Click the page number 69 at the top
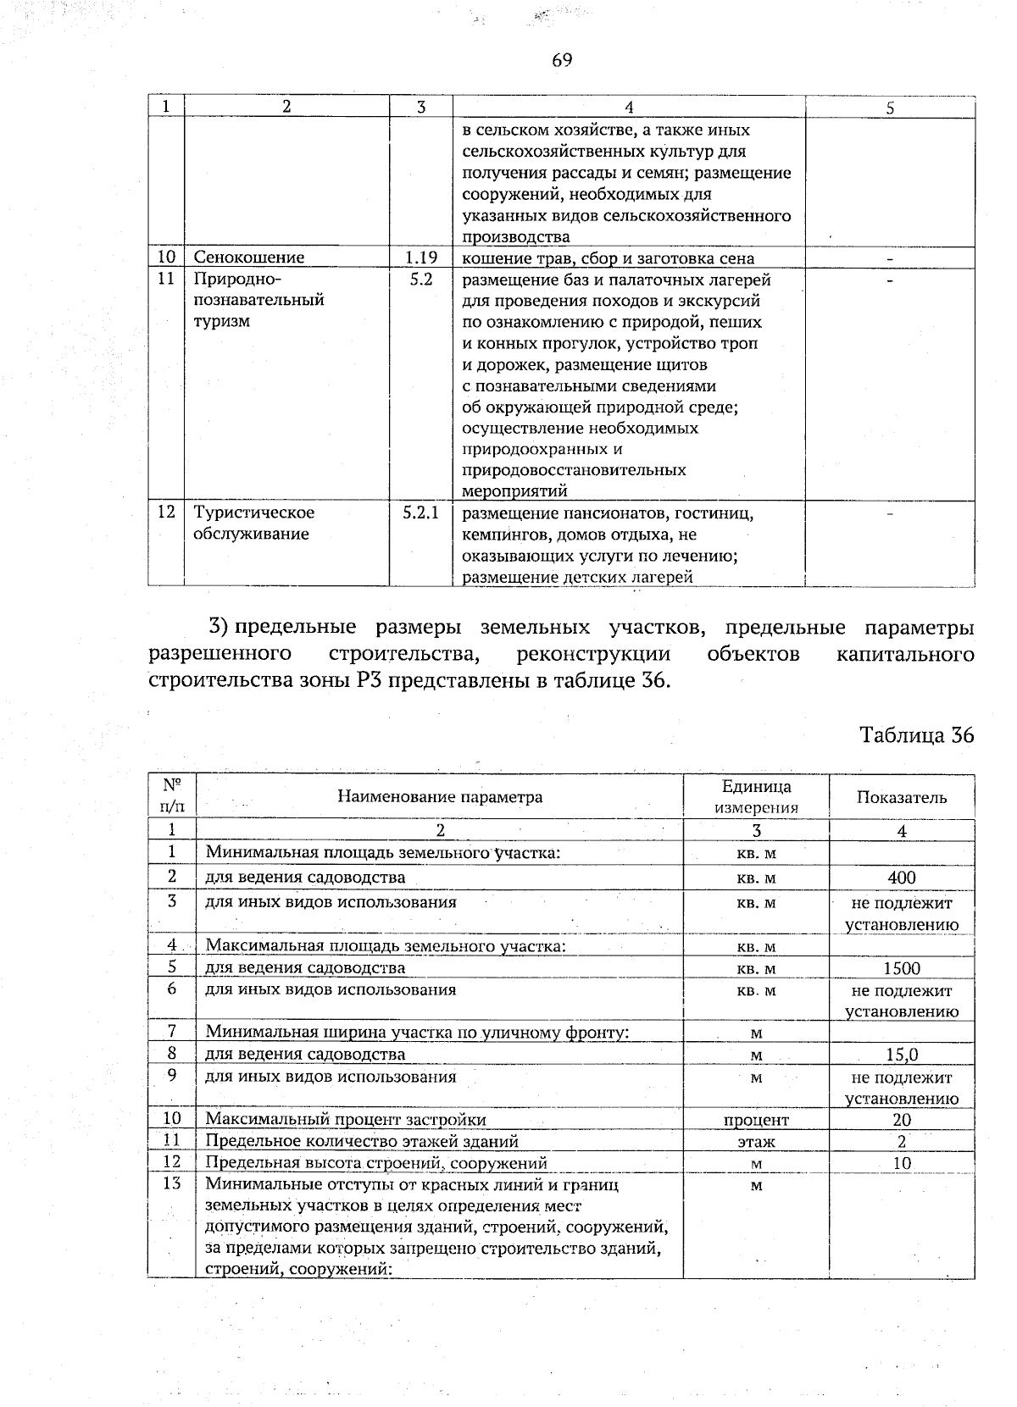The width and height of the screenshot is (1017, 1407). (x=562, y=59)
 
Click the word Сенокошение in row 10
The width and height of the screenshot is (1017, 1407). (x=249, y=258)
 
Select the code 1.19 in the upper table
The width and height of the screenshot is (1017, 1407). (x=420, y=258)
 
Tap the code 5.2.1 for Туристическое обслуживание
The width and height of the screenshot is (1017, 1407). (x=420, y=512)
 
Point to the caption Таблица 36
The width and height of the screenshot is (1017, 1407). (x=917, y=734)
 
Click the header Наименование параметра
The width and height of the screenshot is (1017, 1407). (x=440, y=796)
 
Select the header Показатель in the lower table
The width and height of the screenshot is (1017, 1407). (x=902, y=797)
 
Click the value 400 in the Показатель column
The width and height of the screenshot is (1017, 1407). (x=902, y=878)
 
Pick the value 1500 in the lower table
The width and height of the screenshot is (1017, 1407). (x=902, y=968)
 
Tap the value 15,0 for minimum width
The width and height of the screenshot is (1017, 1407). (x=902, y=1055)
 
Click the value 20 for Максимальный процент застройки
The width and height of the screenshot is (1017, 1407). (x=902, y=1120)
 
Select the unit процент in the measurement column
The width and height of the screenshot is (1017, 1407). (x=756, y=1120)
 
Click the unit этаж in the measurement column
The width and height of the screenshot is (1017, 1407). (x=756, y=1142)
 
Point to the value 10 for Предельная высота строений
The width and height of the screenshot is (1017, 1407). (x=902, y=1163)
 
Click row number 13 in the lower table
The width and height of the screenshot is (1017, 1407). (x=171, y=1183)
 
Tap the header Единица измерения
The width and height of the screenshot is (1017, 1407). (x=756, y=797)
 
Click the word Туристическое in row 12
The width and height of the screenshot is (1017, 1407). (x=254, y=512)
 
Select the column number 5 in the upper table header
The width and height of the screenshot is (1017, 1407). (x=890, y=108)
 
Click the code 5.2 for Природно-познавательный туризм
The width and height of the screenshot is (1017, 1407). (x=420, y=279)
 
